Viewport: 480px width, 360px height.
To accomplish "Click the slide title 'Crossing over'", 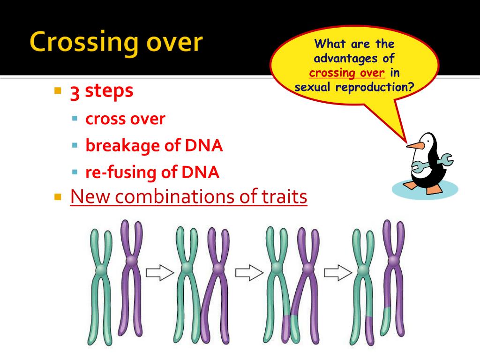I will click(x=116, y=43).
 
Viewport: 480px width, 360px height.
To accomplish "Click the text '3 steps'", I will click(x=102, y=91).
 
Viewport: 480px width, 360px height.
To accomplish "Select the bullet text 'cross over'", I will click(x=125, y=119).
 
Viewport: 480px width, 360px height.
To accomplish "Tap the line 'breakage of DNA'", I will click(x=154, y=146).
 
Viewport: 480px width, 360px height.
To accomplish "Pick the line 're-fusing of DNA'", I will click(x=152, y=172).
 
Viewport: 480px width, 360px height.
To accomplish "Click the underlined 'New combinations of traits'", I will click(x=188, y=197).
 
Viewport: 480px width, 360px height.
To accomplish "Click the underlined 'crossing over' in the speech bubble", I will click(x=347, y=73).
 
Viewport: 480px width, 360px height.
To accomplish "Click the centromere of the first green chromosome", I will click(x=100, y=270).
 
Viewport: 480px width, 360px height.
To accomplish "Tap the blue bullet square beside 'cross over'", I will click(x=75, y=118).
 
